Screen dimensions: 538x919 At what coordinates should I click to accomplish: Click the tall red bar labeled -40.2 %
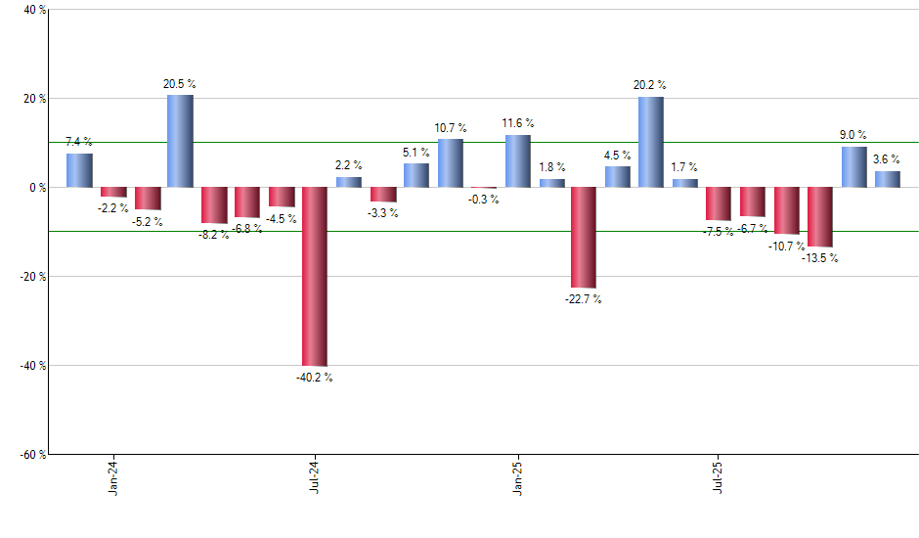click(315, 276)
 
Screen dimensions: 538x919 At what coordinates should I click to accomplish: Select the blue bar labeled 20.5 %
click(180, 141)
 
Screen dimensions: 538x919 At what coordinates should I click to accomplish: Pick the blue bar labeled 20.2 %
click(651, 142)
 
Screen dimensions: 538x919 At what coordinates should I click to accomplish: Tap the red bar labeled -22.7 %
click(584, 238)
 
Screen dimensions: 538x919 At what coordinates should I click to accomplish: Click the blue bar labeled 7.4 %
click(79, 170)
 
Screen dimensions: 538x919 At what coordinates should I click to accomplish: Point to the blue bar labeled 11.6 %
click(517, 161)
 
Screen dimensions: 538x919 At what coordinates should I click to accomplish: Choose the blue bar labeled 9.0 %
click(853, 167)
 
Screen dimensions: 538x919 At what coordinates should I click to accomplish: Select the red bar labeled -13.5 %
click(819, 217)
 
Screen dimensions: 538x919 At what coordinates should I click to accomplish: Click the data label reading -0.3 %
click(483, 200)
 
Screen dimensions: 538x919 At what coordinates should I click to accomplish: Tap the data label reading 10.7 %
click(451, 128)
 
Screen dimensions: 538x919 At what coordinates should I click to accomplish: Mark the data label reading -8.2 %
click(214, 236)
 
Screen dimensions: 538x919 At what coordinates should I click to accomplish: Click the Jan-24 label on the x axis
click(113, 474)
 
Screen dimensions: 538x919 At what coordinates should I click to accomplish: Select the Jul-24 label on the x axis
click(315, 474)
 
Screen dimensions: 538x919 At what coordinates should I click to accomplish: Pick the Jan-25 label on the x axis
click(517, 474)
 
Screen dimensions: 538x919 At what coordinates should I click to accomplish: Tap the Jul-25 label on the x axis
click(719, 474)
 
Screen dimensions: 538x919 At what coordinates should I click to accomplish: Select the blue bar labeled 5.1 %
click(416, 175)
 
